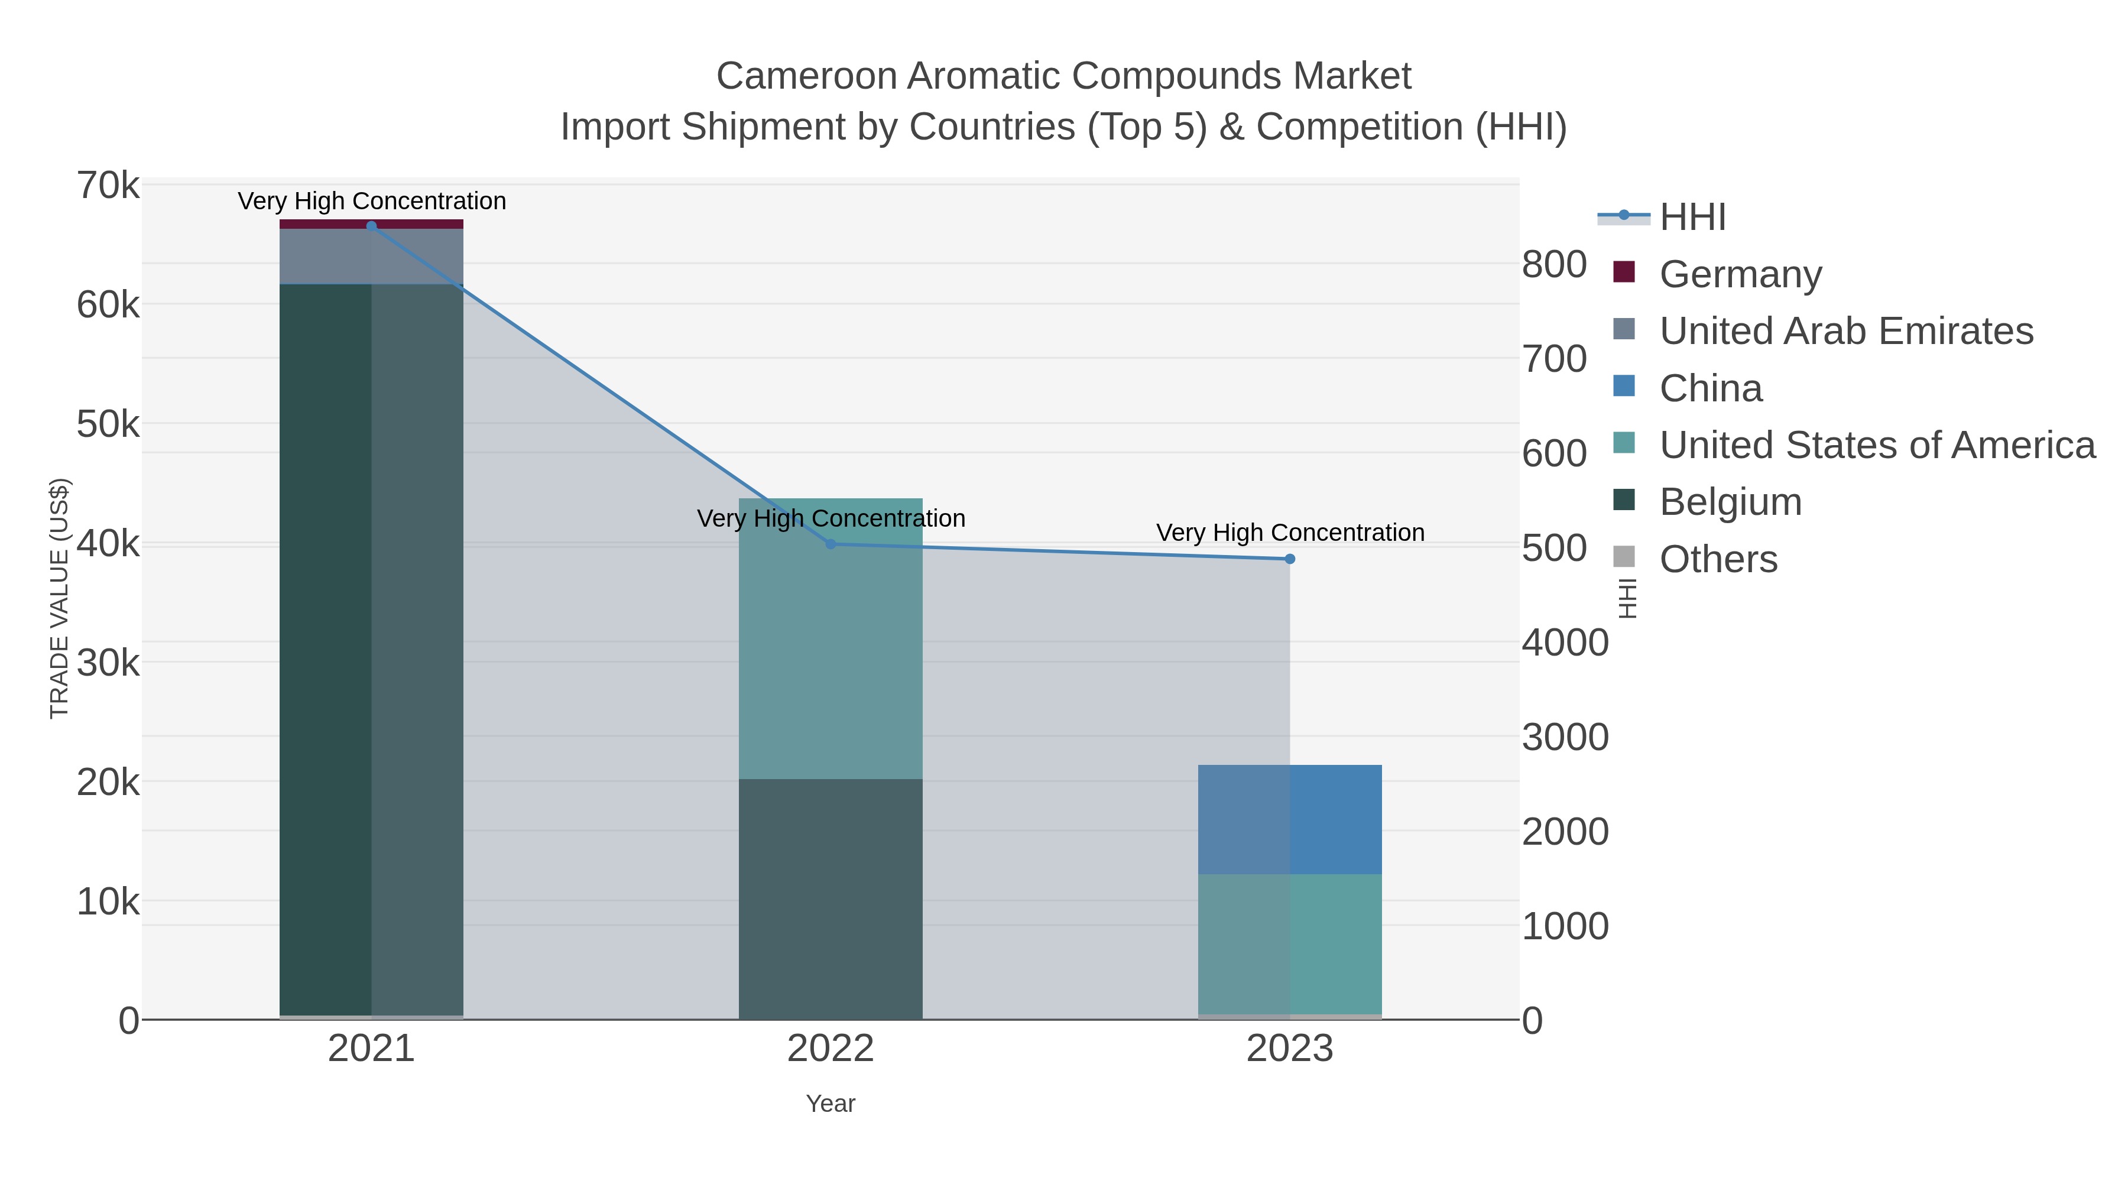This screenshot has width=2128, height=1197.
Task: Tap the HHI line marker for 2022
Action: [831, 544]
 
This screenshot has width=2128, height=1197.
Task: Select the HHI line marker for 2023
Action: [1290, 559]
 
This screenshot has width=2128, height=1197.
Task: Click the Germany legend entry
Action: [1740, 274]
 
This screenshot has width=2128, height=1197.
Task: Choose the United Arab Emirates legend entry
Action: [1845, 331]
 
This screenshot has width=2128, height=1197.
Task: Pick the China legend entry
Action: [1710, 388]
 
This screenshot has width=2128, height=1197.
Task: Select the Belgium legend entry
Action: [1730, 502]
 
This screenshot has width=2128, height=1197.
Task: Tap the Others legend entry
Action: [1718, 559]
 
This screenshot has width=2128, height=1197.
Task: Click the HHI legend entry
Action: [1692, 218]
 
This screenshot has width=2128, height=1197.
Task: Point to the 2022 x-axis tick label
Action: [831, 1049]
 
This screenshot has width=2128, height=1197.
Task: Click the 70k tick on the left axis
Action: [108, 186]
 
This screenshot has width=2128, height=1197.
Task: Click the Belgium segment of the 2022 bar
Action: [831, 898]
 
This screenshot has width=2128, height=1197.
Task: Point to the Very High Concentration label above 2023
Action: [1290, 533]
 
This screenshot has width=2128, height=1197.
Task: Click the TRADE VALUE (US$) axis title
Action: [60, 598]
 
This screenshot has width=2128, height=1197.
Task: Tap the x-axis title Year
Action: [831, 1104]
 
